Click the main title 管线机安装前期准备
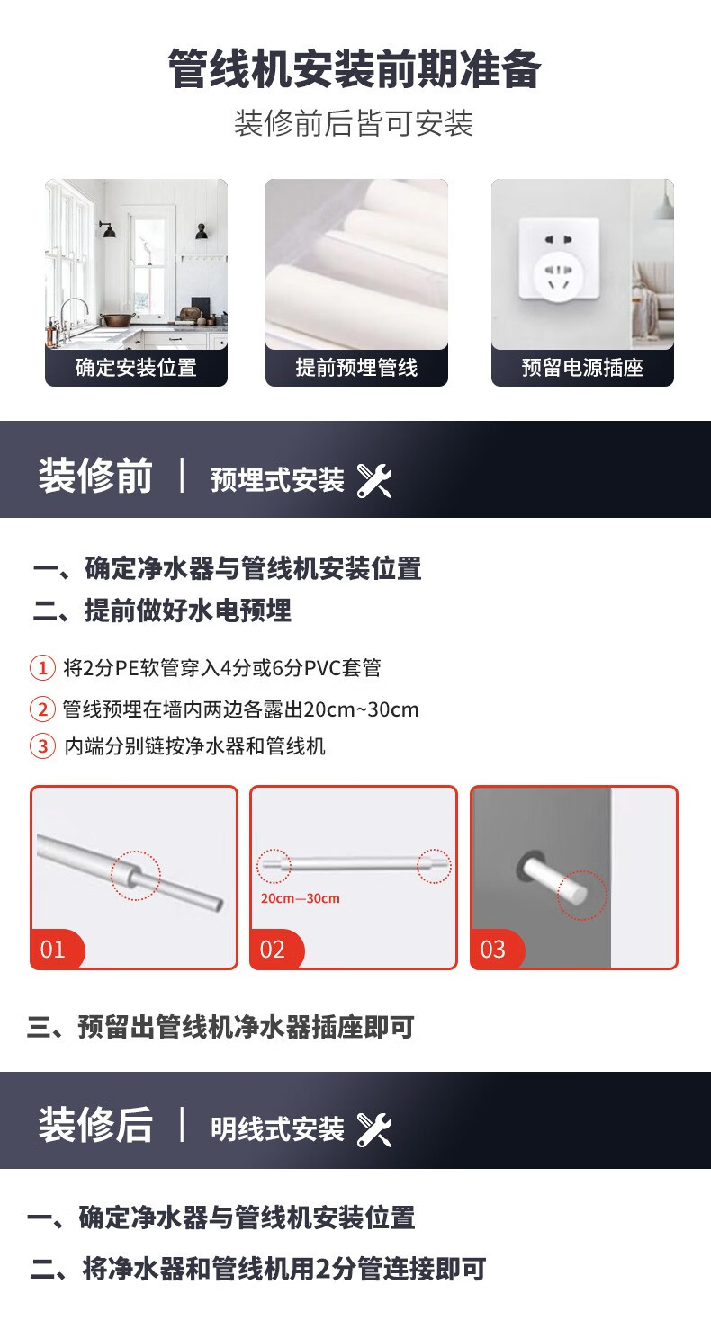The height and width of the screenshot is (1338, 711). (355, 69)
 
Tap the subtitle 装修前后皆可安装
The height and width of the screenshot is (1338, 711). (354, 124)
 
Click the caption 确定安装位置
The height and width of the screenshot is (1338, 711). (136, 368)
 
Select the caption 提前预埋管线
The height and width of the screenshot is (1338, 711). (356, 368)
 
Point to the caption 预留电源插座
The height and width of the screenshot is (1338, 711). (582, 368)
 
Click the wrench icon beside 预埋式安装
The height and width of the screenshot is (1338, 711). (374, 480)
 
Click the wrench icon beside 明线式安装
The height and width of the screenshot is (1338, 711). (374, 1129)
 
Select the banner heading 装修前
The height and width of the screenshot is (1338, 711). (95, 476)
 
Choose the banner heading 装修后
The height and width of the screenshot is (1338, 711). (95, 1125)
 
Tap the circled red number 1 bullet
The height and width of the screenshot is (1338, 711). (42, 668)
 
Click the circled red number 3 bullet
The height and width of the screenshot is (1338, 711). (42, 746)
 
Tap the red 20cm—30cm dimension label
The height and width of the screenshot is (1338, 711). (301, 898)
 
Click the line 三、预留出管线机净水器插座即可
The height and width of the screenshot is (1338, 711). (220, 1027)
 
